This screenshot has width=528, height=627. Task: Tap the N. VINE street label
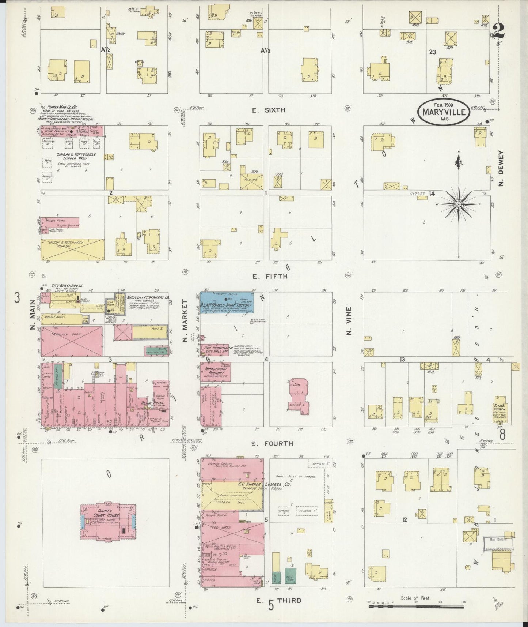[349, 321]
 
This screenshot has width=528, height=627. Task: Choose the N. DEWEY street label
[501, 168]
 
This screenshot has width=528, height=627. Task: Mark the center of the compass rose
[458, 204]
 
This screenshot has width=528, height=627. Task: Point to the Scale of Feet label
[415, 598]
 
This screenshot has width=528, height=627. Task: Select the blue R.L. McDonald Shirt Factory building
[227, 302]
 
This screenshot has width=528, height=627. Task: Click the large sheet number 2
[498, 31]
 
